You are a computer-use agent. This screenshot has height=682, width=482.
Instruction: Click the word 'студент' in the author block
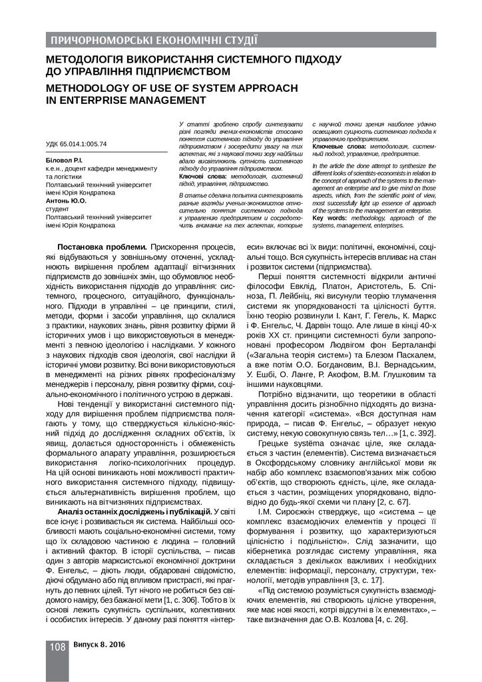(59, 208)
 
